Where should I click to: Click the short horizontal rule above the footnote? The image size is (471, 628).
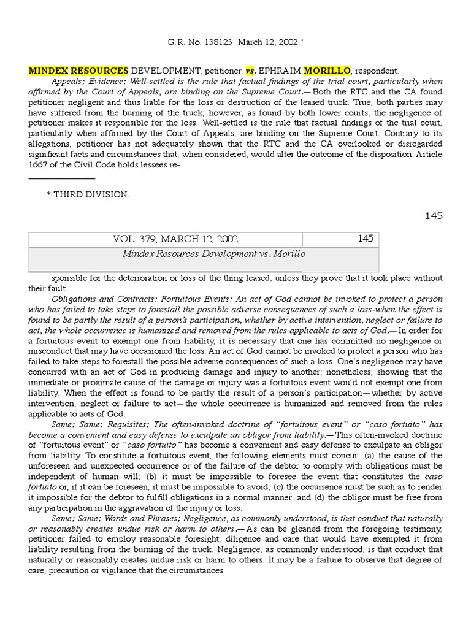(x=62, y=179)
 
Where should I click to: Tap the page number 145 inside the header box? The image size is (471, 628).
(x=365, y=239)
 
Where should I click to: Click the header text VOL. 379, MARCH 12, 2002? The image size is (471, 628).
(x=167, y=239)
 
